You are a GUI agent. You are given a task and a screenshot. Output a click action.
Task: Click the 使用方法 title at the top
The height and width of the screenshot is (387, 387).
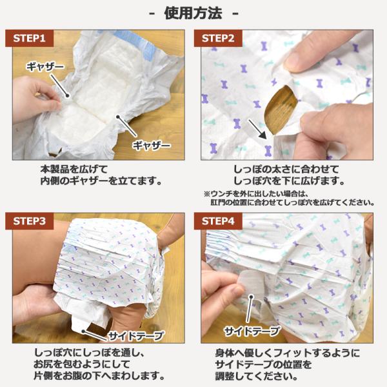tap(193, 14)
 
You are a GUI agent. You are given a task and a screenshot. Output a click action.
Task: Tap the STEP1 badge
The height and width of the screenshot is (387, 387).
tap(30, 38)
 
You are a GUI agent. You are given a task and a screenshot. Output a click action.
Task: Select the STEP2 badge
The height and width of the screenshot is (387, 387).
tap(218, 38)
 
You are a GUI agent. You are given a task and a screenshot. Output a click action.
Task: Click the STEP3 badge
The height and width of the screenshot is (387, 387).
tap(30, 221)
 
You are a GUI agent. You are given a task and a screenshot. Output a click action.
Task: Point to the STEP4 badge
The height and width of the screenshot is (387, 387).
tap(218, 221)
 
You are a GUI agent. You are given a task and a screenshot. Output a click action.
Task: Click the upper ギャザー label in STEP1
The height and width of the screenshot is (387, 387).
tap(45, 66)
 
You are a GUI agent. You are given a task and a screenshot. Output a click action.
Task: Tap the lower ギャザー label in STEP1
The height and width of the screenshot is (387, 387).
tap(152, 145)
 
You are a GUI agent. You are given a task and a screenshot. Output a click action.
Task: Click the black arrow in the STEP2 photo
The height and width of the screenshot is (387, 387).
tap(257, 129)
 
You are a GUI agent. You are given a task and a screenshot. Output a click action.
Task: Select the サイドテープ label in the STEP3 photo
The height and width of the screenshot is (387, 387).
tap(136, 335)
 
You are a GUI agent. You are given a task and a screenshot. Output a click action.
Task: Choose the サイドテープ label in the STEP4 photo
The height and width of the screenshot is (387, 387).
tap(252, 331)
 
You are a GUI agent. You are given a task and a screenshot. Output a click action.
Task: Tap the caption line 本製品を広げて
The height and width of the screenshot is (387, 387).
tap(74, 169)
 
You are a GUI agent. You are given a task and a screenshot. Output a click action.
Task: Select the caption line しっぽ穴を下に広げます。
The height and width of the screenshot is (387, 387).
tap(289, 181)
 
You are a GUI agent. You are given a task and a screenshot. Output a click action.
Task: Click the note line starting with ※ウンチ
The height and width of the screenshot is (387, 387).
tap(255, 193)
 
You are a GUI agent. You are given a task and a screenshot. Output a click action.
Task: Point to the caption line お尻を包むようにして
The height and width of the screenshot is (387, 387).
tap(82, 364)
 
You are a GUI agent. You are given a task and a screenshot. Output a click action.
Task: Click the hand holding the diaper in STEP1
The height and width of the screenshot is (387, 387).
tap(35, 99)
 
